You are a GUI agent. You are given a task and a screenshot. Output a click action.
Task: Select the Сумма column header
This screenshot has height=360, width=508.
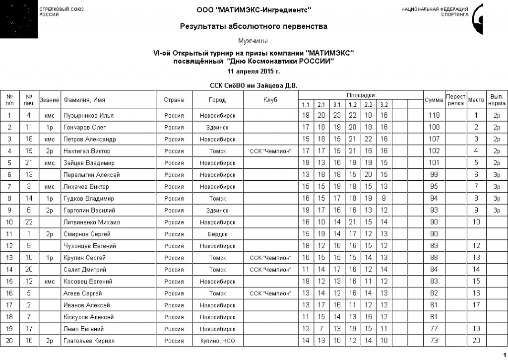click(x=434, y=100)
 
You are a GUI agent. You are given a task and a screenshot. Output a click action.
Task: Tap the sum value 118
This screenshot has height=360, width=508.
click(x=434, y=116)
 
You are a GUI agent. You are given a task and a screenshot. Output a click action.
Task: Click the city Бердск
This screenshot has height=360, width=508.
click(x=217, y=234)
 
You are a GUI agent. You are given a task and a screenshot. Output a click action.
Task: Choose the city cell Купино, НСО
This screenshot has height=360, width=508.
click(x=217, y=341)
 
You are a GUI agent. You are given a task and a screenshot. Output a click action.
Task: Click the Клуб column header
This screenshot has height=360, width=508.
click(x=270, y=100)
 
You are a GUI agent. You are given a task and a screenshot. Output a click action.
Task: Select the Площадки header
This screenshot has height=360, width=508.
click(x=361, y=95)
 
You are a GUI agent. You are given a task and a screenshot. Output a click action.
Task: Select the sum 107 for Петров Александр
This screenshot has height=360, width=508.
click(x=434, y=139)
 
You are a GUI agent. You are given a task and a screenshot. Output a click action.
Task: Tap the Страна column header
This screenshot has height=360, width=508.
click(x=174, y=100)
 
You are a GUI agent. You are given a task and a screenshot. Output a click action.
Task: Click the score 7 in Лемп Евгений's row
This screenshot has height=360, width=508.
click(x=321, y=329)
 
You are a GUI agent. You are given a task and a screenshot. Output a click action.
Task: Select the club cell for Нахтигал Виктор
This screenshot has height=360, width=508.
click(x=270, y=151)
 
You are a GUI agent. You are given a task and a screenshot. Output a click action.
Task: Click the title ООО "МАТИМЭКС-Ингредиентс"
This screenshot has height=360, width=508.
click(x=254, y=10)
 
